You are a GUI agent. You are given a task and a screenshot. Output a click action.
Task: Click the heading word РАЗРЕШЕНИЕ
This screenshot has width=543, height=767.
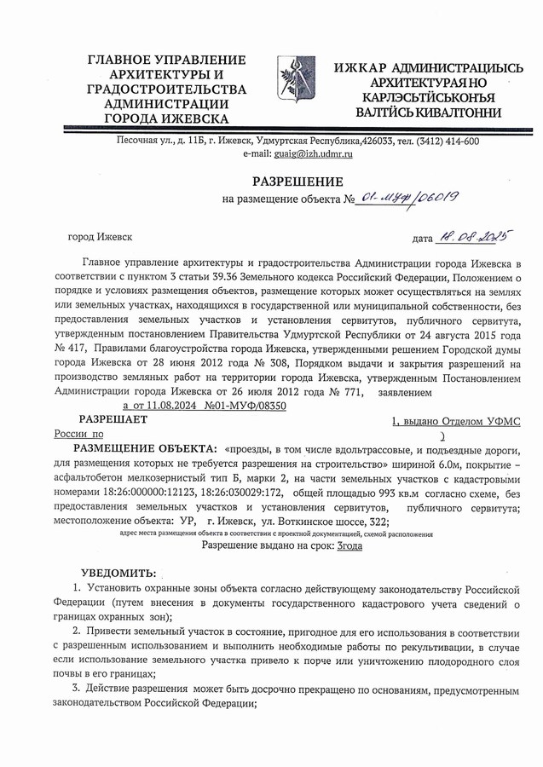(297, 181)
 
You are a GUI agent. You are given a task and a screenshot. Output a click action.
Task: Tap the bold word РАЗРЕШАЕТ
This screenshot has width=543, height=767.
(113, 419)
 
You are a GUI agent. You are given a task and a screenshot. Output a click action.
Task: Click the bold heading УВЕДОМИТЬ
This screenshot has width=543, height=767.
(118, 574)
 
